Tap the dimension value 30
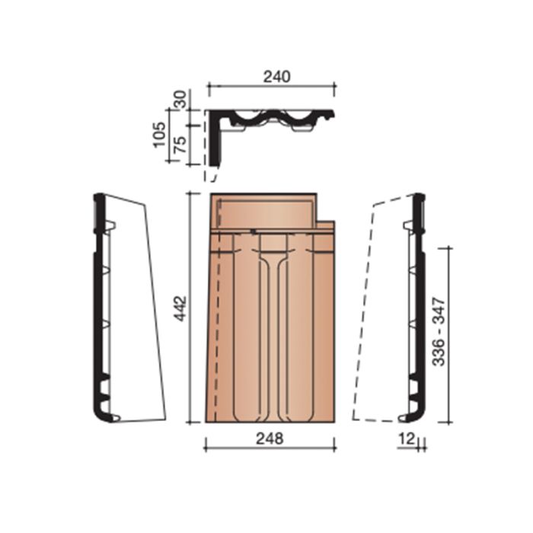coord(180,100)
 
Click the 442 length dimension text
coord(180,308)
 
